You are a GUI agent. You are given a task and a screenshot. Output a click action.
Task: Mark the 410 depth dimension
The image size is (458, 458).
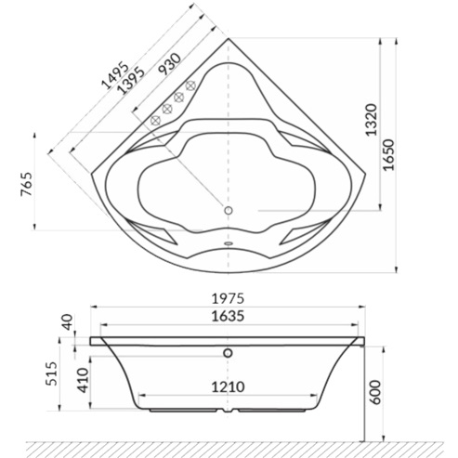point(81,378)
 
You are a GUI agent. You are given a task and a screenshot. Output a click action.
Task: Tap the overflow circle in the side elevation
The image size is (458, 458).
point(229,353)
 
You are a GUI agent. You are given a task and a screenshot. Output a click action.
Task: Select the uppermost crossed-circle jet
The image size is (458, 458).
point(190,86)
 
